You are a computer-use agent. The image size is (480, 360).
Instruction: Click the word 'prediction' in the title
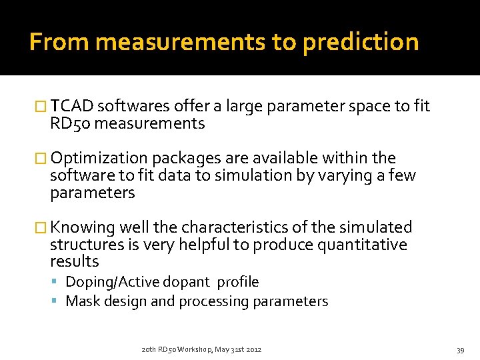pyautogui.click(x=360, y=43)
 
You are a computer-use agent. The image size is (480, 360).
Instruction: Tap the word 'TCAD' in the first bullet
pyautogui.click(x=72, y=106)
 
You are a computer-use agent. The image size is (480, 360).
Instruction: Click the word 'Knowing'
pyautogui.click(x=82, y=227)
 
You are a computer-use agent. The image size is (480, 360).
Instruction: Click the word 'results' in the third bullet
pyautogui.click(x=74, y=261)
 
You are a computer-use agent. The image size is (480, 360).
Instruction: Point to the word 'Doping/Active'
pyautogui.click(x=107, y=282)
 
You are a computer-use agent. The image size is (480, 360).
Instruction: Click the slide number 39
pyautogui.click(x=459, y=350)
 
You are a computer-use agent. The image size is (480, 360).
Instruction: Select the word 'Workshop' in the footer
pyautogui.click(x=194, y=349)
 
